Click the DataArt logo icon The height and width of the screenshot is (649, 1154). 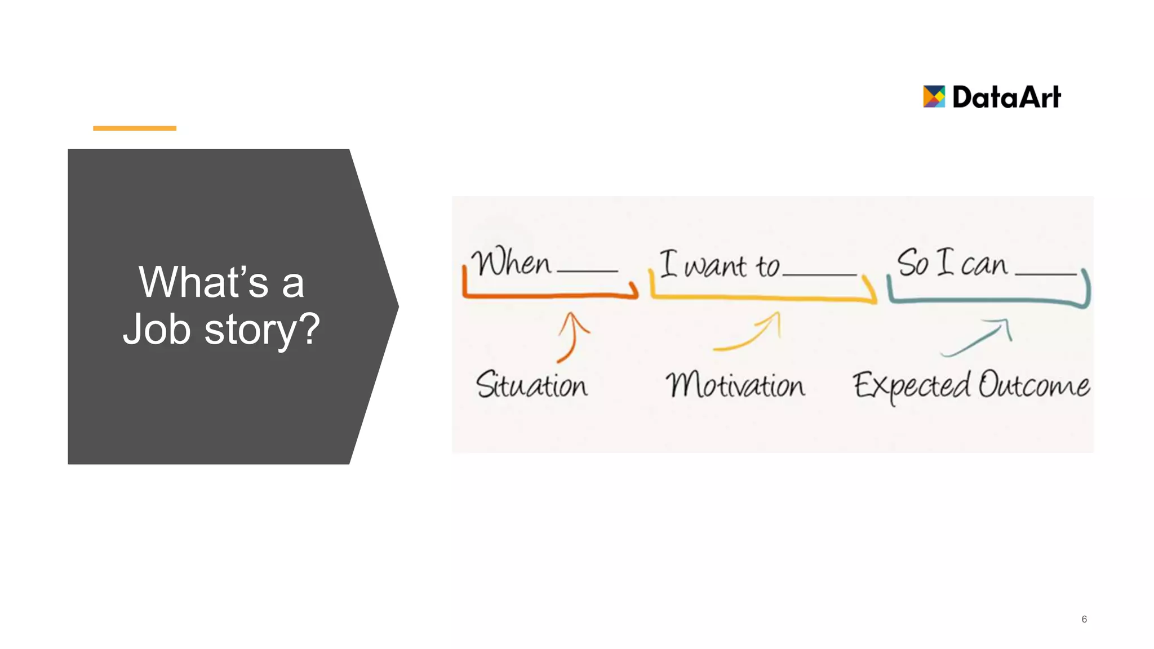coord(933,96)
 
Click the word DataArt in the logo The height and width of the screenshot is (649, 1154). coord(1006,97)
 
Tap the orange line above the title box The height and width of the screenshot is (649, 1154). coord(135,128)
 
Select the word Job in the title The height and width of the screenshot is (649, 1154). coord(157,329)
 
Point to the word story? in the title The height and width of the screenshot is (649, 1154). coord(262,330)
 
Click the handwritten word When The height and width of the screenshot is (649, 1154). coord(511,263)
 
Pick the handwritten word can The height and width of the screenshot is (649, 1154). coord(983,265)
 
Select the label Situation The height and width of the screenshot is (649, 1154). coord(531,385)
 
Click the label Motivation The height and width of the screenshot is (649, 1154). coord(735,385)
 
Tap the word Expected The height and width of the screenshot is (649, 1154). coord(911,386)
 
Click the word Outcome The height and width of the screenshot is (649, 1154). coord(1033,385)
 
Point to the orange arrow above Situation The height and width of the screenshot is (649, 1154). coord(571,337)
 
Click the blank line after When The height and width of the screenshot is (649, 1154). coord(587,271)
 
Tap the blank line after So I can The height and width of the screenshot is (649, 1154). coord(1045,274)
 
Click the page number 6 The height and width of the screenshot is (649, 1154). coord(1084,619)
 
